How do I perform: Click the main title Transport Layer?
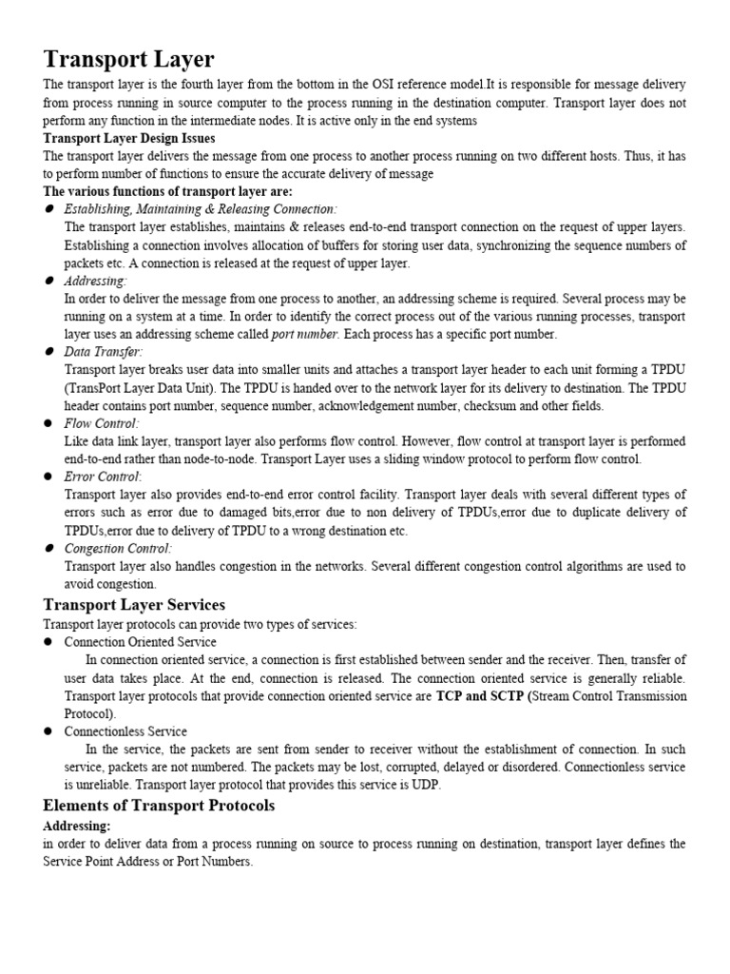[x=128, y=61]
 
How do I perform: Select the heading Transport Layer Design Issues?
[x=128, y=139]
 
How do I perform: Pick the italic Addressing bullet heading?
[x=94, y=281]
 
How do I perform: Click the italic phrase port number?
[x=304, y=334]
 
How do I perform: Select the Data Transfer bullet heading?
[x=103, y=352]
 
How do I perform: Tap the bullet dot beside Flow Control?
[x=48, y=423]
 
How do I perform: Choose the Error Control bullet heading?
[x=102, y=477]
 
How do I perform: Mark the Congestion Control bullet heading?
[x=118, y=549]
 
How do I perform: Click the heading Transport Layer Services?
[x=134, y=605]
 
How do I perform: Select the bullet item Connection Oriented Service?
[x=140, y=642]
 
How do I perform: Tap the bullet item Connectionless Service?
[x=125, y=731]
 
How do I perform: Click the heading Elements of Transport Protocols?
[x=159, y=806]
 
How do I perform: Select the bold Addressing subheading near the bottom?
[x=77, y=826]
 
